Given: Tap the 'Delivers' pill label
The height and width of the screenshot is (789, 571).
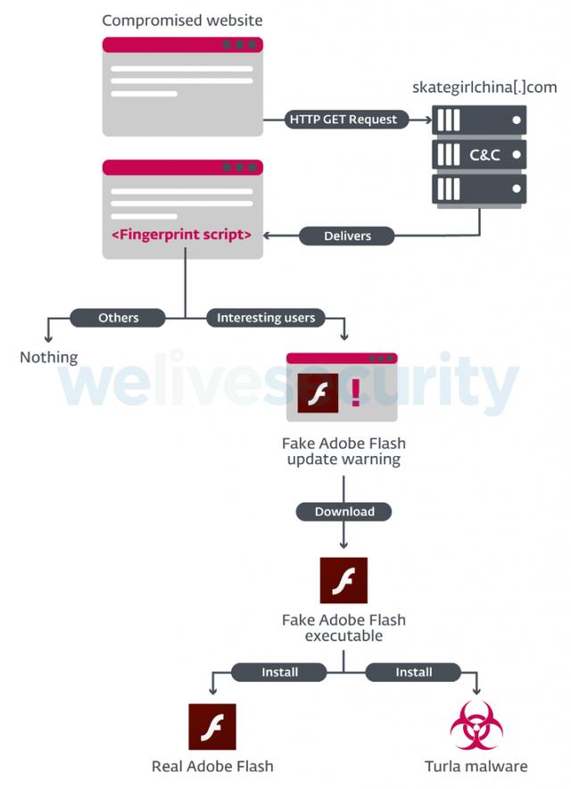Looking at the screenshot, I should [x=347, y=237].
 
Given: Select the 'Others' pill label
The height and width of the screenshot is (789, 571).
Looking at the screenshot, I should [x=119, y=318].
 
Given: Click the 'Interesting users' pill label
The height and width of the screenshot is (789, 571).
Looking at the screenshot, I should [x=266, y=318].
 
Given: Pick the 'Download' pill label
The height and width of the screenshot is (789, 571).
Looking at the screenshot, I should [x=344, y=511].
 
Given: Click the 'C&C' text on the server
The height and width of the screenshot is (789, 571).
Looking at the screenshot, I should [x=484, y=155].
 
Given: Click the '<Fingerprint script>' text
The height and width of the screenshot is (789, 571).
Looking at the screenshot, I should [x=181, y=235].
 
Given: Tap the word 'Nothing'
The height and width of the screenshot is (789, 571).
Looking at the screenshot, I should [x=49, y=357].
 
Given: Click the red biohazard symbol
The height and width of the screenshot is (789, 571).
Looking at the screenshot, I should [x=476, y=726].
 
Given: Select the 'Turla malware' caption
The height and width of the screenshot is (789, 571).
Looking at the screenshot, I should [x=476, y=767].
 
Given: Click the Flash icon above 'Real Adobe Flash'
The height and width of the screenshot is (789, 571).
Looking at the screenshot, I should [x=212, y=727].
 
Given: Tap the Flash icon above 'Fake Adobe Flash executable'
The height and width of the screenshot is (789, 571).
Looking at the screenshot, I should [x=343, y=580].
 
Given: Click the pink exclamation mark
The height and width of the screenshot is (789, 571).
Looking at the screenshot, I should [x=356, y=393].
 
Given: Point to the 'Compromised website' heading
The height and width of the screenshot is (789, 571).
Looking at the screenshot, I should [x=183, y=20].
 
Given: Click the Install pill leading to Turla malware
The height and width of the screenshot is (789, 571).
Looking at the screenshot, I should [x=414, y=672].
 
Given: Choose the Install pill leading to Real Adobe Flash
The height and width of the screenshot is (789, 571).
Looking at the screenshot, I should [x=279, y=672].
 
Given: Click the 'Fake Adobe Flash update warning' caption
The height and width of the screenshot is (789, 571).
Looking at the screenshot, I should [x=343, y=452].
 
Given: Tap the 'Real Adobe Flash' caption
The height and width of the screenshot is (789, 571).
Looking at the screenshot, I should [x=212, y=767].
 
